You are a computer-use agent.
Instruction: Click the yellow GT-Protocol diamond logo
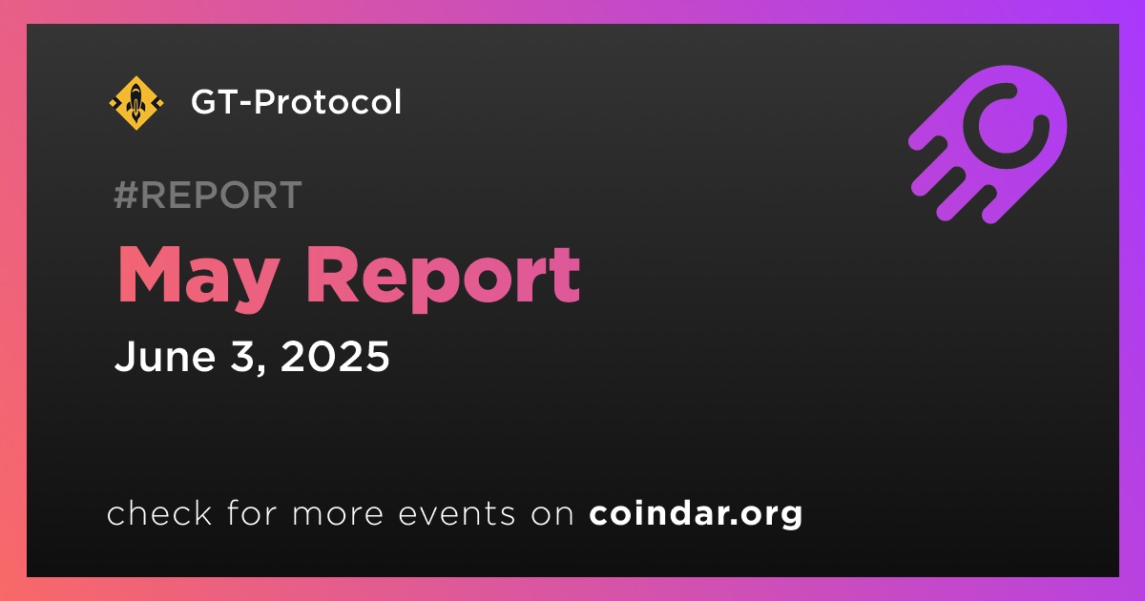136,103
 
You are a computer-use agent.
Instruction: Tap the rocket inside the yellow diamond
135,102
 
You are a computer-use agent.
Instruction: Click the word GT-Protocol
296,102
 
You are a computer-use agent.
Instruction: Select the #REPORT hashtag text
208,195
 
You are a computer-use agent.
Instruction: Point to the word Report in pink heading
443,279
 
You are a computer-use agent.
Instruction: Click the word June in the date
165,356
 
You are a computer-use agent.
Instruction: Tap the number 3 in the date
242,356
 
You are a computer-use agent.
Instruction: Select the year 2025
335,356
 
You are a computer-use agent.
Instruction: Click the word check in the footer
159,512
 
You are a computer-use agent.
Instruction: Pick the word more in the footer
338,514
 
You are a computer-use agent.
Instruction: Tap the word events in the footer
457,514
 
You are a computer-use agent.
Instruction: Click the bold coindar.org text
696,513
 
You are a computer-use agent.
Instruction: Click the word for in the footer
252,512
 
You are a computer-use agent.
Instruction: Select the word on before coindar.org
552,514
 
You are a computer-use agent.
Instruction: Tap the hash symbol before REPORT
125,195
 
